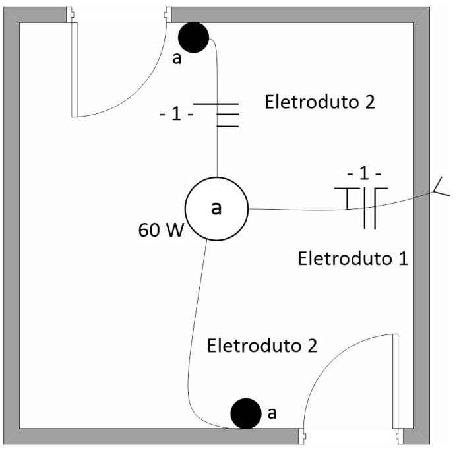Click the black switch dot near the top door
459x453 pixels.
195,37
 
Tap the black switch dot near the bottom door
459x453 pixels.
245,413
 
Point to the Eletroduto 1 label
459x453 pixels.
353,257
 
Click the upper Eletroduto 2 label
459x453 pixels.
319,102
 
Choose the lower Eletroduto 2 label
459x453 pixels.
262,345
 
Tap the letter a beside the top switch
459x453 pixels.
176,59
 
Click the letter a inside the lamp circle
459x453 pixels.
216,208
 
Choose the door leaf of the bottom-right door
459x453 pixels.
397,382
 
